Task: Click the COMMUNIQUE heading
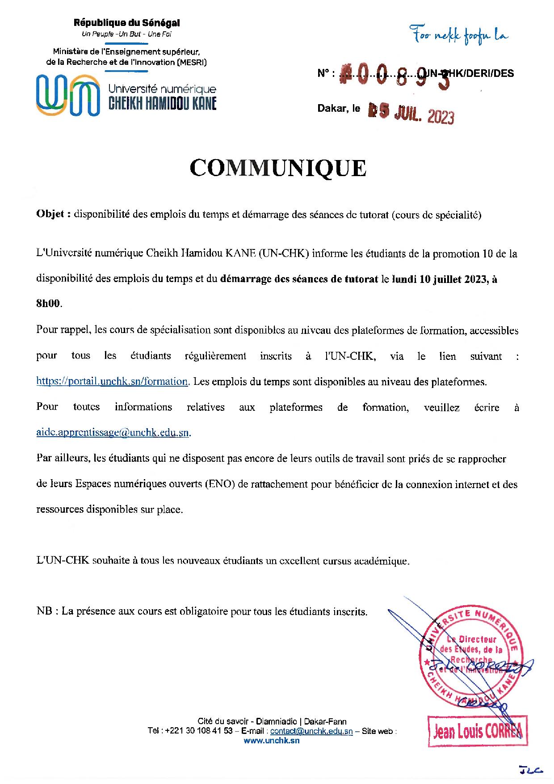point(277,168)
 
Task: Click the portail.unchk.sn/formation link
point(112,382)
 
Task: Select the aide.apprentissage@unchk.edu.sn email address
point(113,433)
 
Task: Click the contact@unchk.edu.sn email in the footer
point(311,731)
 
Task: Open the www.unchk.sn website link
point(272,741)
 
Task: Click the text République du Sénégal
point(127,23)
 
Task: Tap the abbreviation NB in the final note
point(44,611)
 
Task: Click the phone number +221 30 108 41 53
point(199,731)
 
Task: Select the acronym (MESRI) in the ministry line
point(192,63)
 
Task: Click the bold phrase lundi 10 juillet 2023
point(437,280)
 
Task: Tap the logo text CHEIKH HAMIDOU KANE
point(163,104)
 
